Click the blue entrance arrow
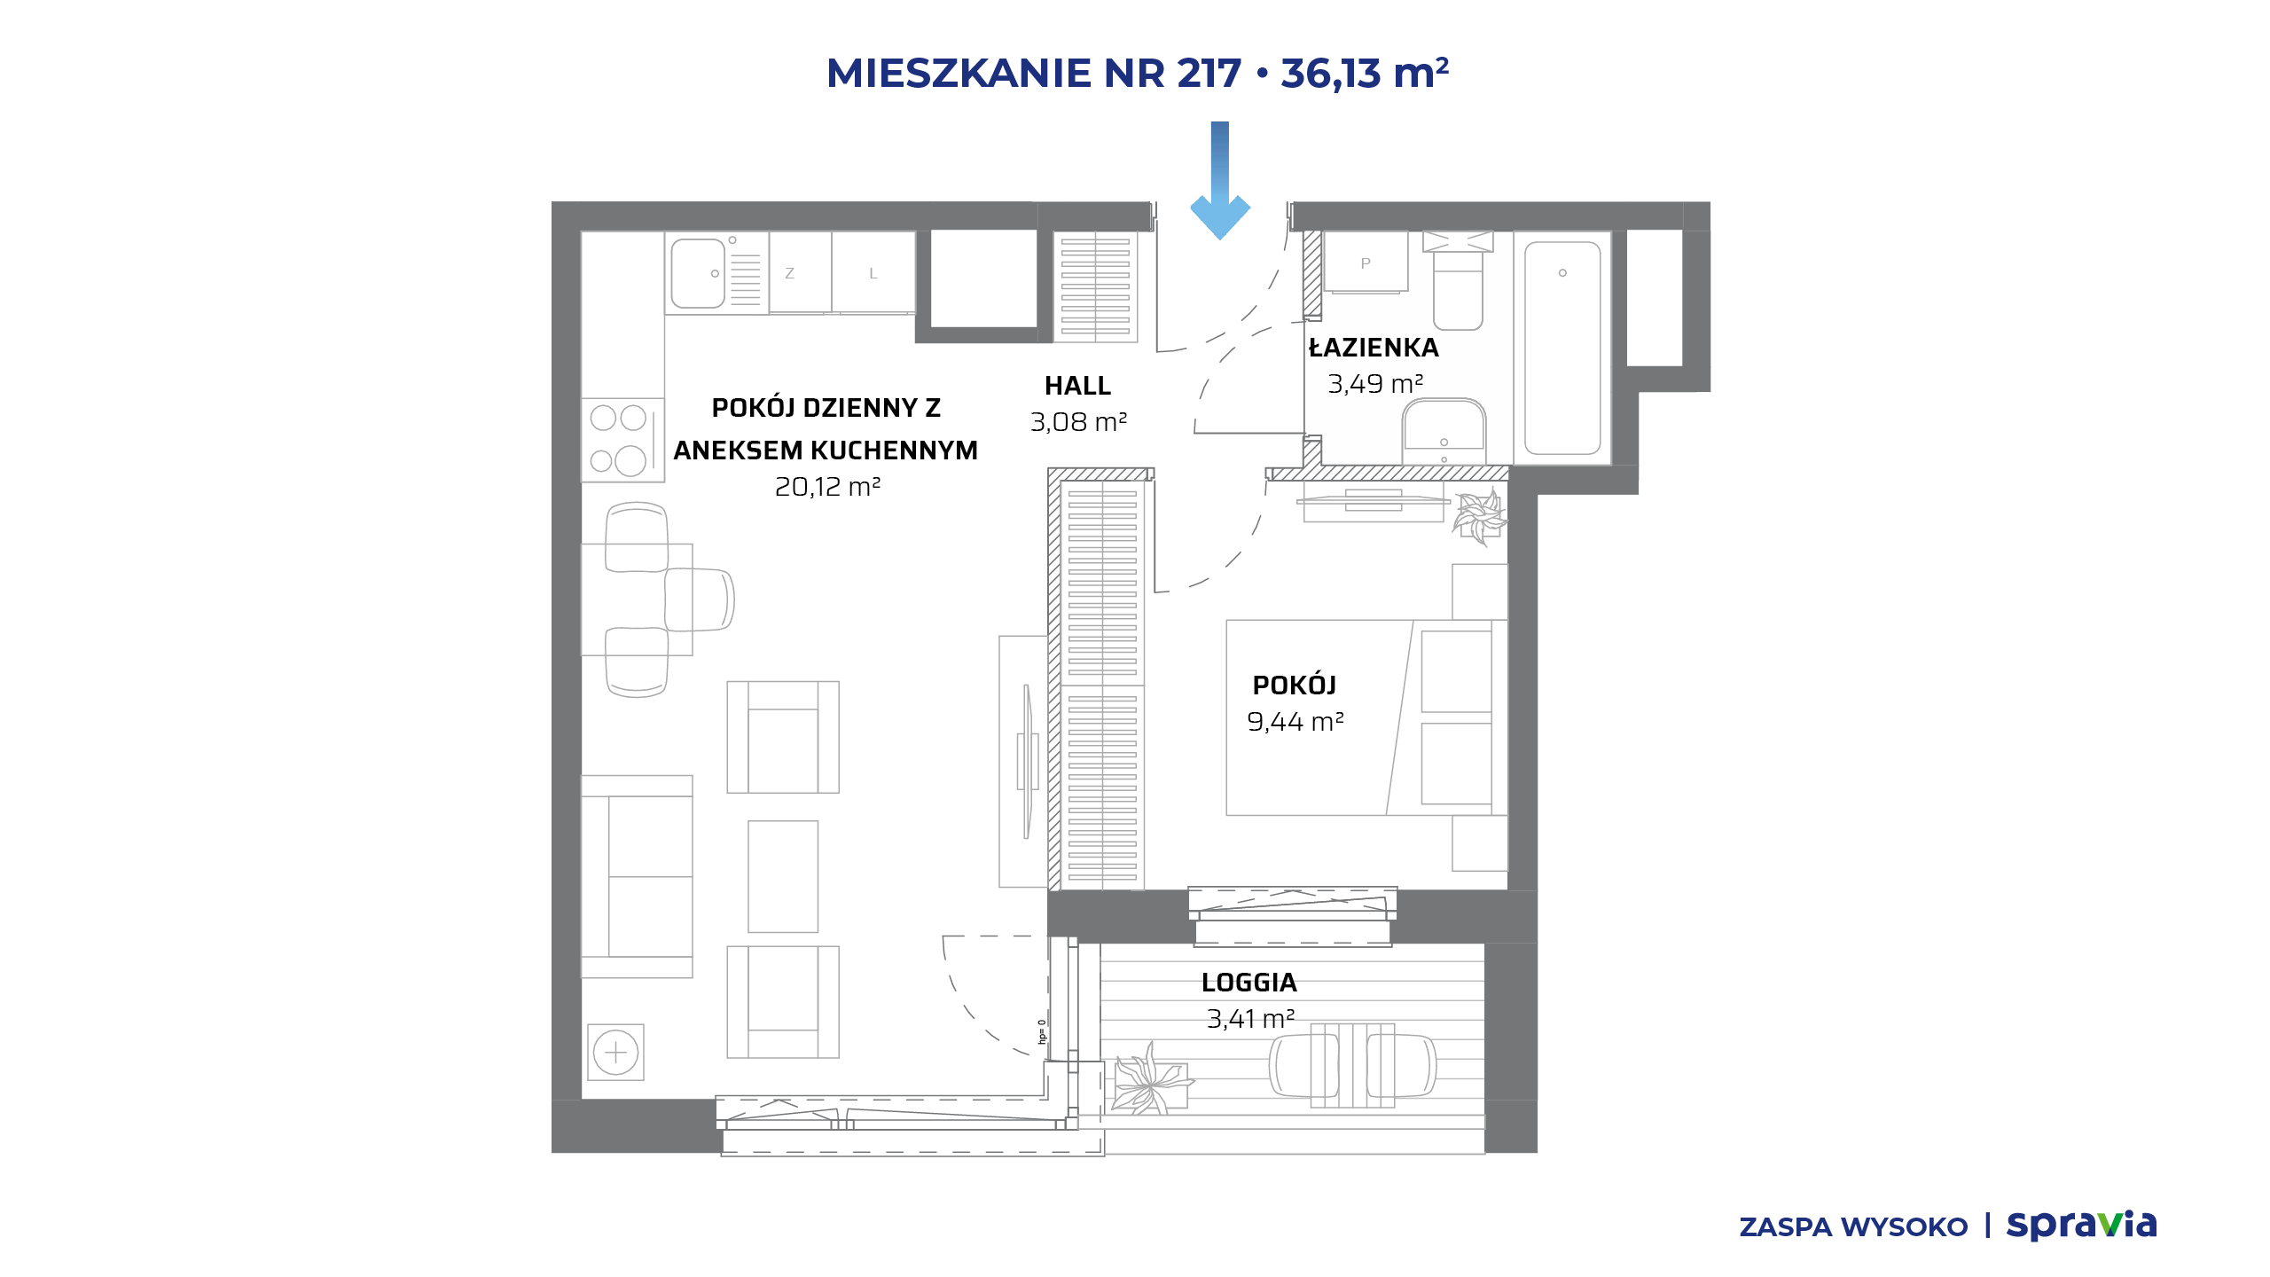point(1220,181)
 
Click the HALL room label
point(1077,386)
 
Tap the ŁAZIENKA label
point(1374,347)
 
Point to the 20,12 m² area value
point(827,487)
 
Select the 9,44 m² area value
point(1295,722)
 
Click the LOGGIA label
point(1248,983)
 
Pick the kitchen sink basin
point(699,273)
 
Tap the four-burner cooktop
point(622,440)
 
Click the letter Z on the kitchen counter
point(789,274)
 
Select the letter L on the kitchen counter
point(873,274)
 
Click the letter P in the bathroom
point(1366,263)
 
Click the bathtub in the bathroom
point(1562,348)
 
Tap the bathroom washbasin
point(1444,432)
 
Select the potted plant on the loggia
point(1150,1079)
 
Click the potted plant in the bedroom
point(1479,516)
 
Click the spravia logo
point(2081,1226)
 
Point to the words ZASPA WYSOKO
point(1853,1227)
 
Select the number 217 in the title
point(1209,74)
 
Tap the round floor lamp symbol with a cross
point(615,1053)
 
